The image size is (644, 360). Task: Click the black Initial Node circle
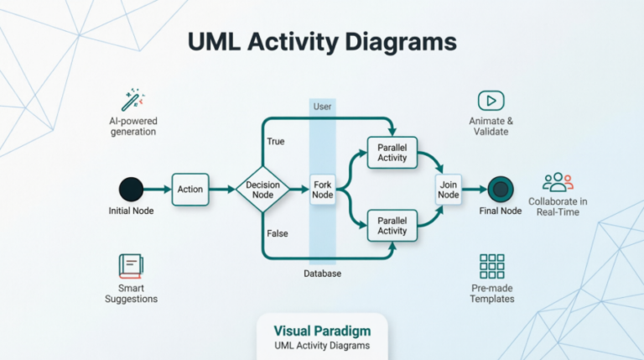131,189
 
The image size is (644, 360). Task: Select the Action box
190,190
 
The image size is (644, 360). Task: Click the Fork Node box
323,190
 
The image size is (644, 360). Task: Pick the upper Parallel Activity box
392,153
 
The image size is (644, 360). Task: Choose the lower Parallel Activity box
392,226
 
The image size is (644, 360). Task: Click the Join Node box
448,190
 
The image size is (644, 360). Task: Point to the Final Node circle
500,189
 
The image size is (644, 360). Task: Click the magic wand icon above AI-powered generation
132,101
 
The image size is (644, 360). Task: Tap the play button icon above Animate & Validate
491,101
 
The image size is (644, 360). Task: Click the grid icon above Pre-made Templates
491,266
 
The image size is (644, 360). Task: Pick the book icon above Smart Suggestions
132,267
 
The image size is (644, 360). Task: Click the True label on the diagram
274,142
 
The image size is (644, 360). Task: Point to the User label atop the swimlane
322,107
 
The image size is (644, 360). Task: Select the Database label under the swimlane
322,274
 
